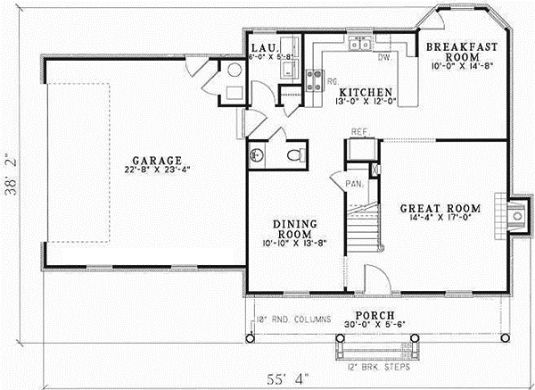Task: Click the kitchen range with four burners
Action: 313,80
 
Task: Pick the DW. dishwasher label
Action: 384,58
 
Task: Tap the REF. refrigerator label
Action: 359,132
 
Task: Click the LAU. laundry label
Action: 262,47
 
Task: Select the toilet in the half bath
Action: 292,155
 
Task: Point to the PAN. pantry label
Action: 353,183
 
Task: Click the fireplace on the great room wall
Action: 514,215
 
